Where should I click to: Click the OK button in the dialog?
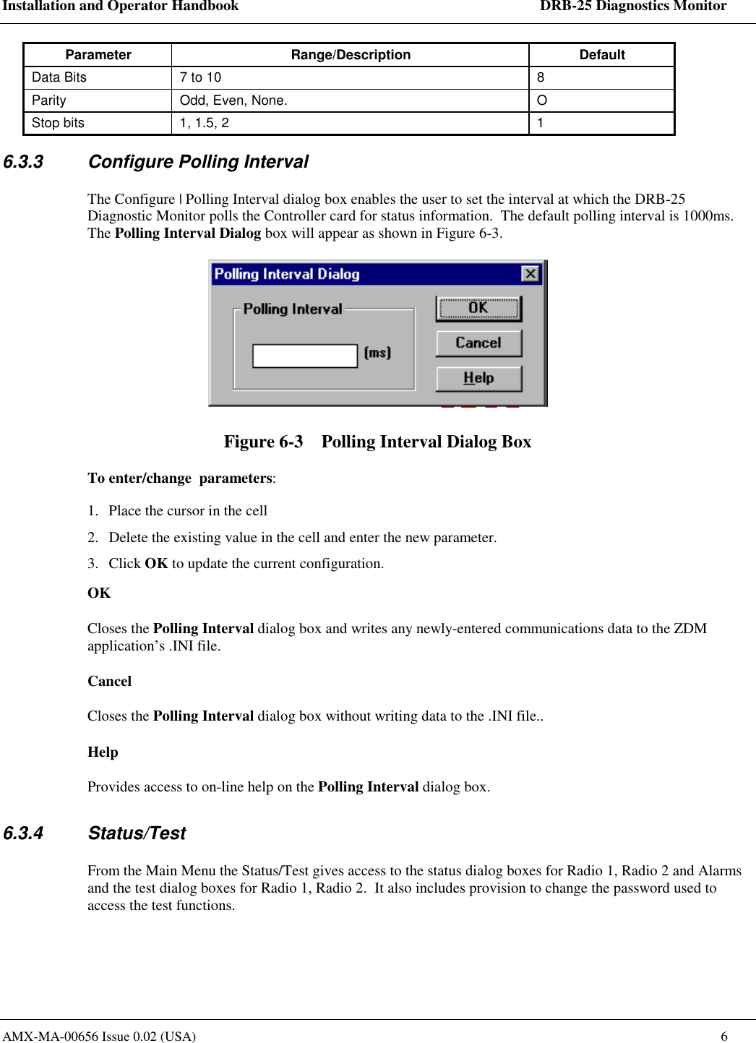pos(478,309)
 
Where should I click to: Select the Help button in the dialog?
pos(478,378)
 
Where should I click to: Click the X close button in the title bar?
pos(530,274)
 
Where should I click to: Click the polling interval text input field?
pos(304,356)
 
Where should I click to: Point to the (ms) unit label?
pos(377,353)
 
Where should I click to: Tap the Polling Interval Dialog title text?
pos(287,274)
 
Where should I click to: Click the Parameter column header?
pos(98,55)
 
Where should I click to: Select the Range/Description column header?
pos(351,55)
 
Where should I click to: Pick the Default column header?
pos(601,55)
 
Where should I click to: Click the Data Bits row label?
pos(59,77)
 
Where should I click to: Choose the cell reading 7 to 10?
pos(200,77)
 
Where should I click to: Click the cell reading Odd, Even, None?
pos(233,100)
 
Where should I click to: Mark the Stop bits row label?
pos(58,123)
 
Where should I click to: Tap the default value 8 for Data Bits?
pos(541,77)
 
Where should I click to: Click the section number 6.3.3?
pos(23,162)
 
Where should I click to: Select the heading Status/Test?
pos(137,833)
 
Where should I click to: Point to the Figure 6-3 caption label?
pos(263,442)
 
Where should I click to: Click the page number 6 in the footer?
pos(724,1036)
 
